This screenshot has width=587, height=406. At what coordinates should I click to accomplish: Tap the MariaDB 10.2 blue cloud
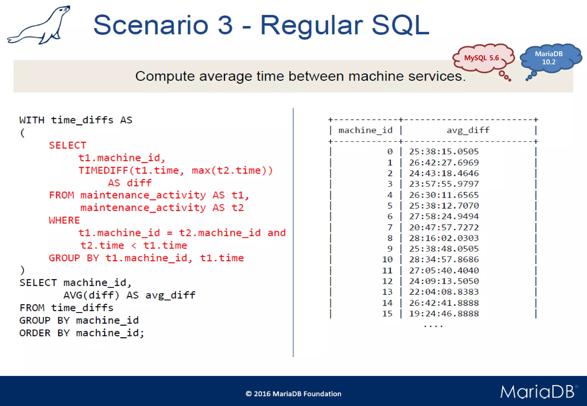tap(549, 58)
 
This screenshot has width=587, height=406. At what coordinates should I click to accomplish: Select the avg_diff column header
tap(468, 130)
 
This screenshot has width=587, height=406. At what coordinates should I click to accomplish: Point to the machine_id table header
tap(365, 130)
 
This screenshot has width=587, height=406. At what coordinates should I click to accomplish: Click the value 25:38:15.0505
tap(444, 151)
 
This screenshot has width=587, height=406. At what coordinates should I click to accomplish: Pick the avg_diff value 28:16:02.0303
tap(444, 238)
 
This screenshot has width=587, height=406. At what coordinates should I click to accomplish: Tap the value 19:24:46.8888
tap(444, 314)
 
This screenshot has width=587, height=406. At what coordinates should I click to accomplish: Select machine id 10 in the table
tap(387, 259)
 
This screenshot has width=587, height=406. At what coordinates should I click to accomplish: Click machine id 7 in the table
tap(390, 227)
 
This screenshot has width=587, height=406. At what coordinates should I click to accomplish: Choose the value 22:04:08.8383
tap(444, 292)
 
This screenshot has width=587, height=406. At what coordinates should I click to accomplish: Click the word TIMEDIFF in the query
tap(103, 170)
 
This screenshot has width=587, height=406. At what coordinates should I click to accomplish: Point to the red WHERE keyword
tap(64, 220)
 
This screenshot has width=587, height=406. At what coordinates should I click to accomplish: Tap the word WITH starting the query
tap(32, 120)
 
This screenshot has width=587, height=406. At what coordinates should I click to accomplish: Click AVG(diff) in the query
tap(91, 295)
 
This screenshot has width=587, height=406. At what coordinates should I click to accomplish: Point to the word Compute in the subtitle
tap(165, 76)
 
